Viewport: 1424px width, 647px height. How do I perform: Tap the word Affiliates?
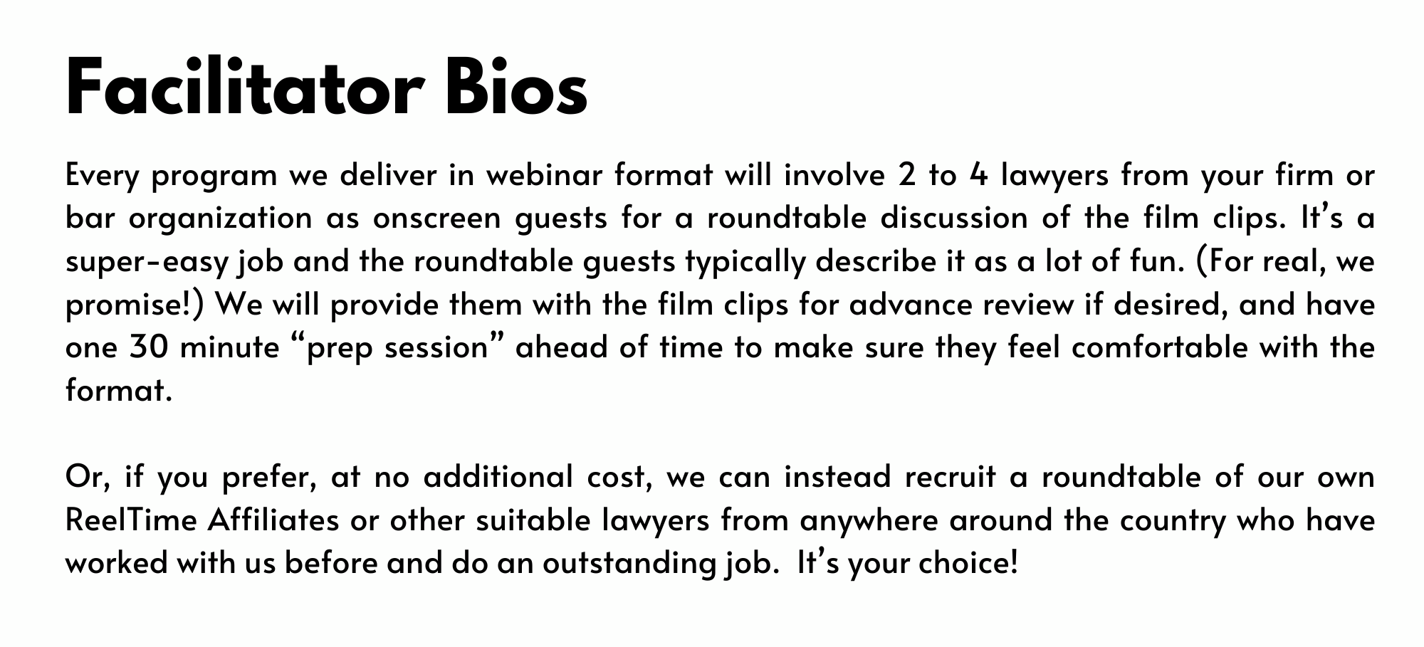pyautogui.click(x=273, y=520)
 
